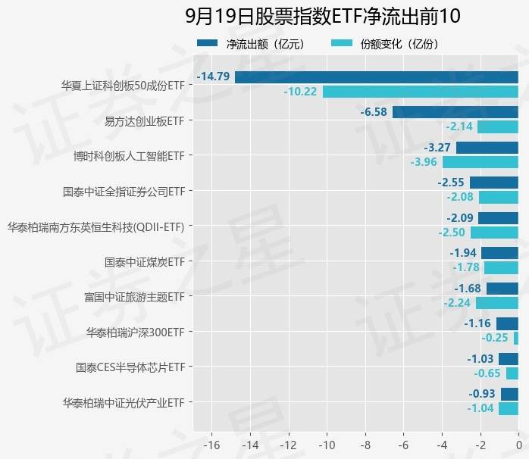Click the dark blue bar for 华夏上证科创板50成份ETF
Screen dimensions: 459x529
click(377, 76)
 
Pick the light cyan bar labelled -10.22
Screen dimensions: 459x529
click(421, 92)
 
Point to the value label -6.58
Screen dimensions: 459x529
click(375, 112)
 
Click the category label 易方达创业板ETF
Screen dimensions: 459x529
click(144, 120)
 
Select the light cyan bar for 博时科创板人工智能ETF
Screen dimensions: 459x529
click(480, 162)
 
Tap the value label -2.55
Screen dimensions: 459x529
click(452, 183)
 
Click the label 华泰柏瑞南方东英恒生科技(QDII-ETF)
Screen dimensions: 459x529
click(95, 226)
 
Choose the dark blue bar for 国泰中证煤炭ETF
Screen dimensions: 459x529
click(500, 253)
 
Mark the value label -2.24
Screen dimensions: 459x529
click(458, 303)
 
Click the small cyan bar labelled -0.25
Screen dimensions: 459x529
click(516, 339)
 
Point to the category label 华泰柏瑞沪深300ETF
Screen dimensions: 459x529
click(135, 332)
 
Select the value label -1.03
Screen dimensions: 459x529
click(480, 359)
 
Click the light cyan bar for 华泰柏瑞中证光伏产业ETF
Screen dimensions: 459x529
click(509, 409)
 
